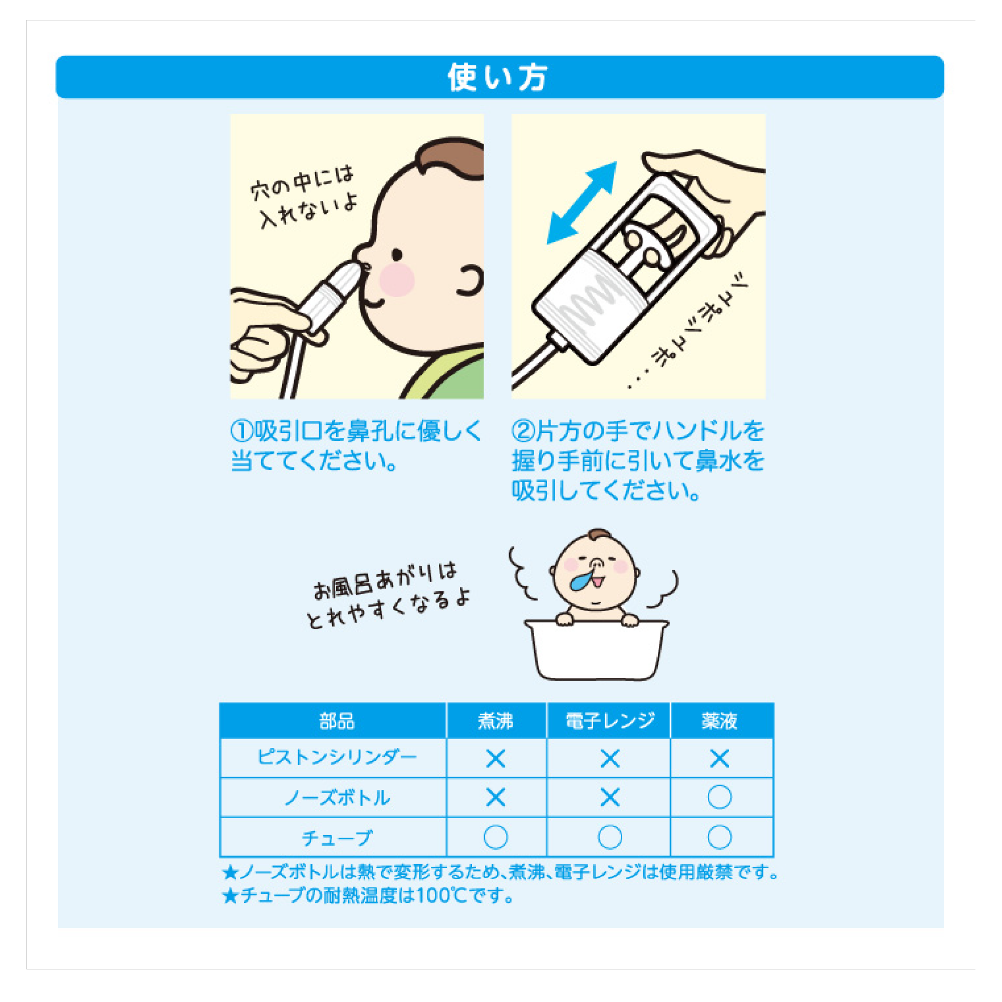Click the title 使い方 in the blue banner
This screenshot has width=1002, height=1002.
[498, 77]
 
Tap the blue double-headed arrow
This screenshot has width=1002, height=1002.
[582, 203]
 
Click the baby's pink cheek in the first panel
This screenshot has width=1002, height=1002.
[397, 280]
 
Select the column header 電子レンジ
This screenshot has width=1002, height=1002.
[610, 721]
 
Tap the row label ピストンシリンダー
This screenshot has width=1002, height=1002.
[337, 758]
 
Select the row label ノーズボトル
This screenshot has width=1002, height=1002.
[337, 798]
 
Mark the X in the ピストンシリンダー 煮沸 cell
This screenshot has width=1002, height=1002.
[495, 759]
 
